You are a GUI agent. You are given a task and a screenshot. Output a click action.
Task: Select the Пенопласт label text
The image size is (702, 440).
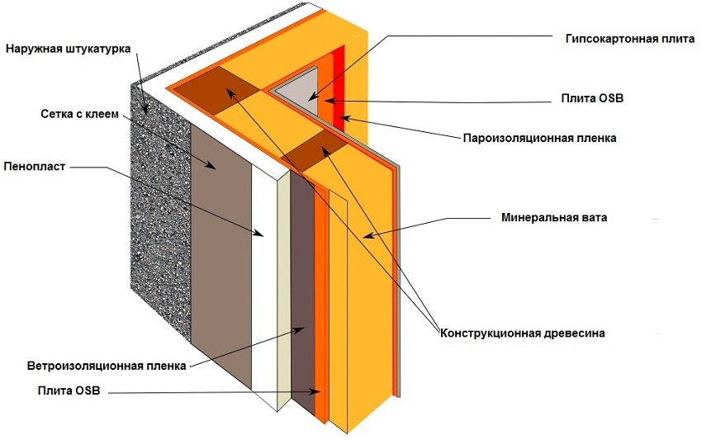point(33,166)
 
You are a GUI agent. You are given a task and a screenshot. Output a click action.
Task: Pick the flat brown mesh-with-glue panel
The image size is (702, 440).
point(221,248)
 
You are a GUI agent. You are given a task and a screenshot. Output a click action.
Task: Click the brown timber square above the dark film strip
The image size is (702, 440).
point(314,153)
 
